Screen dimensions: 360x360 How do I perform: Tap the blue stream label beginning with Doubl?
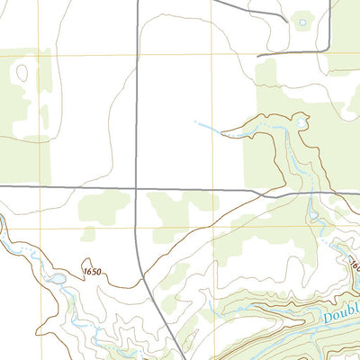point(340,314)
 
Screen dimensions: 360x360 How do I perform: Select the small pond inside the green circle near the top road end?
point(302,22)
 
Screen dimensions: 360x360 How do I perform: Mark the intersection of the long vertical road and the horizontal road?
point(137,188)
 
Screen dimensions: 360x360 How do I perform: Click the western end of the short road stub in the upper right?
point(258,56)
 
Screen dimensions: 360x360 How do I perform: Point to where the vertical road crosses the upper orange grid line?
point(137,56)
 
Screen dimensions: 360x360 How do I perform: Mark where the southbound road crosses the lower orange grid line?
point(137,229)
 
